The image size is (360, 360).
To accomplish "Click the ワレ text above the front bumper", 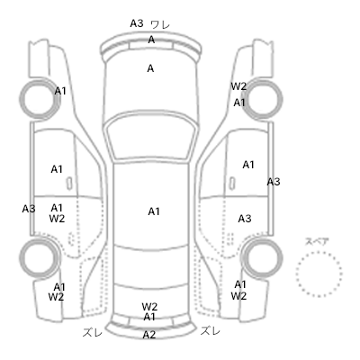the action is (160, 24).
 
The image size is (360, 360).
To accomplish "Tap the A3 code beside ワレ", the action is (137, 23).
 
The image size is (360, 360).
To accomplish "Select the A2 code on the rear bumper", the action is (149, 335).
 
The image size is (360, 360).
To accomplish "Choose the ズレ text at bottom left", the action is (93, 332).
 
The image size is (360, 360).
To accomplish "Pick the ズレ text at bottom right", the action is (211, 331).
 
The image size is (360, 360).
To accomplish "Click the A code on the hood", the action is (150, 68).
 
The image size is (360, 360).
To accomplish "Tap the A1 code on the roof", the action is (154, 211).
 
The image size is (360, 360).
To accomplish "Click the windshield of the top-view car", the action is (152, 118).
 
